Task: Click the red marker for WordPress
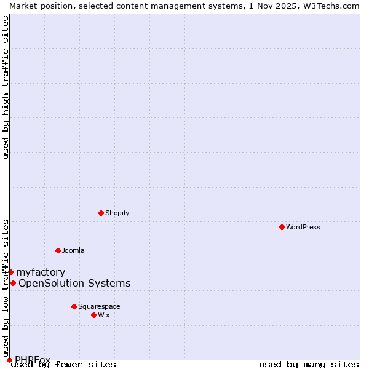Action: (x=282, y=227)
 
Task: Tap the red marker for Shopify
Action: (x=101, y=213)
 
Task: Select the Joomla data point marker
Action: (x=58, y=250)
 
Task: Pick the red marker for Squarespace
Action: (x=74, y=306)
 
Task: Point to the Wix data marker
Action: (x=93, y=315)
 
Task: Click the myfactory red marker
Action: (x=10, y=272)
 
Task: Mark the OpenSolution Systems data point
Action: (x=13, y=283)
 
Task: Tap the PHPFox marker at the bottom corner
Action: (x=9, y=360)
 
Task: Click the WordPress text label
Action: (x=303, y=227)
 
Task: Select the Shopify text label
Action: (x=117, y=213)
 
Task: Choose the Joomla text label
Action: (x=73, y=250)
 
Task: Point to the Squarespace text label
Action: (x=99, y=306)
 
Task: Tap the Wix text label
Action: (x=104, y=315)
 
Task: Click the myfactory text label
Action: (x=41, y=272)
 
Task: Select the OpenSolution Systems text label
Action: (x=74, y=283)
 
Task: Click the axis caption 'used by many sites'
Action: (x=309, y=365)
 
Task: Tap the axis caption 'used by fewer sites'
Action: (x=65, y=365)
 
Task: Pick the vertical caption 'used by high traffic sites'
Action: (x=6, y=87)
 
